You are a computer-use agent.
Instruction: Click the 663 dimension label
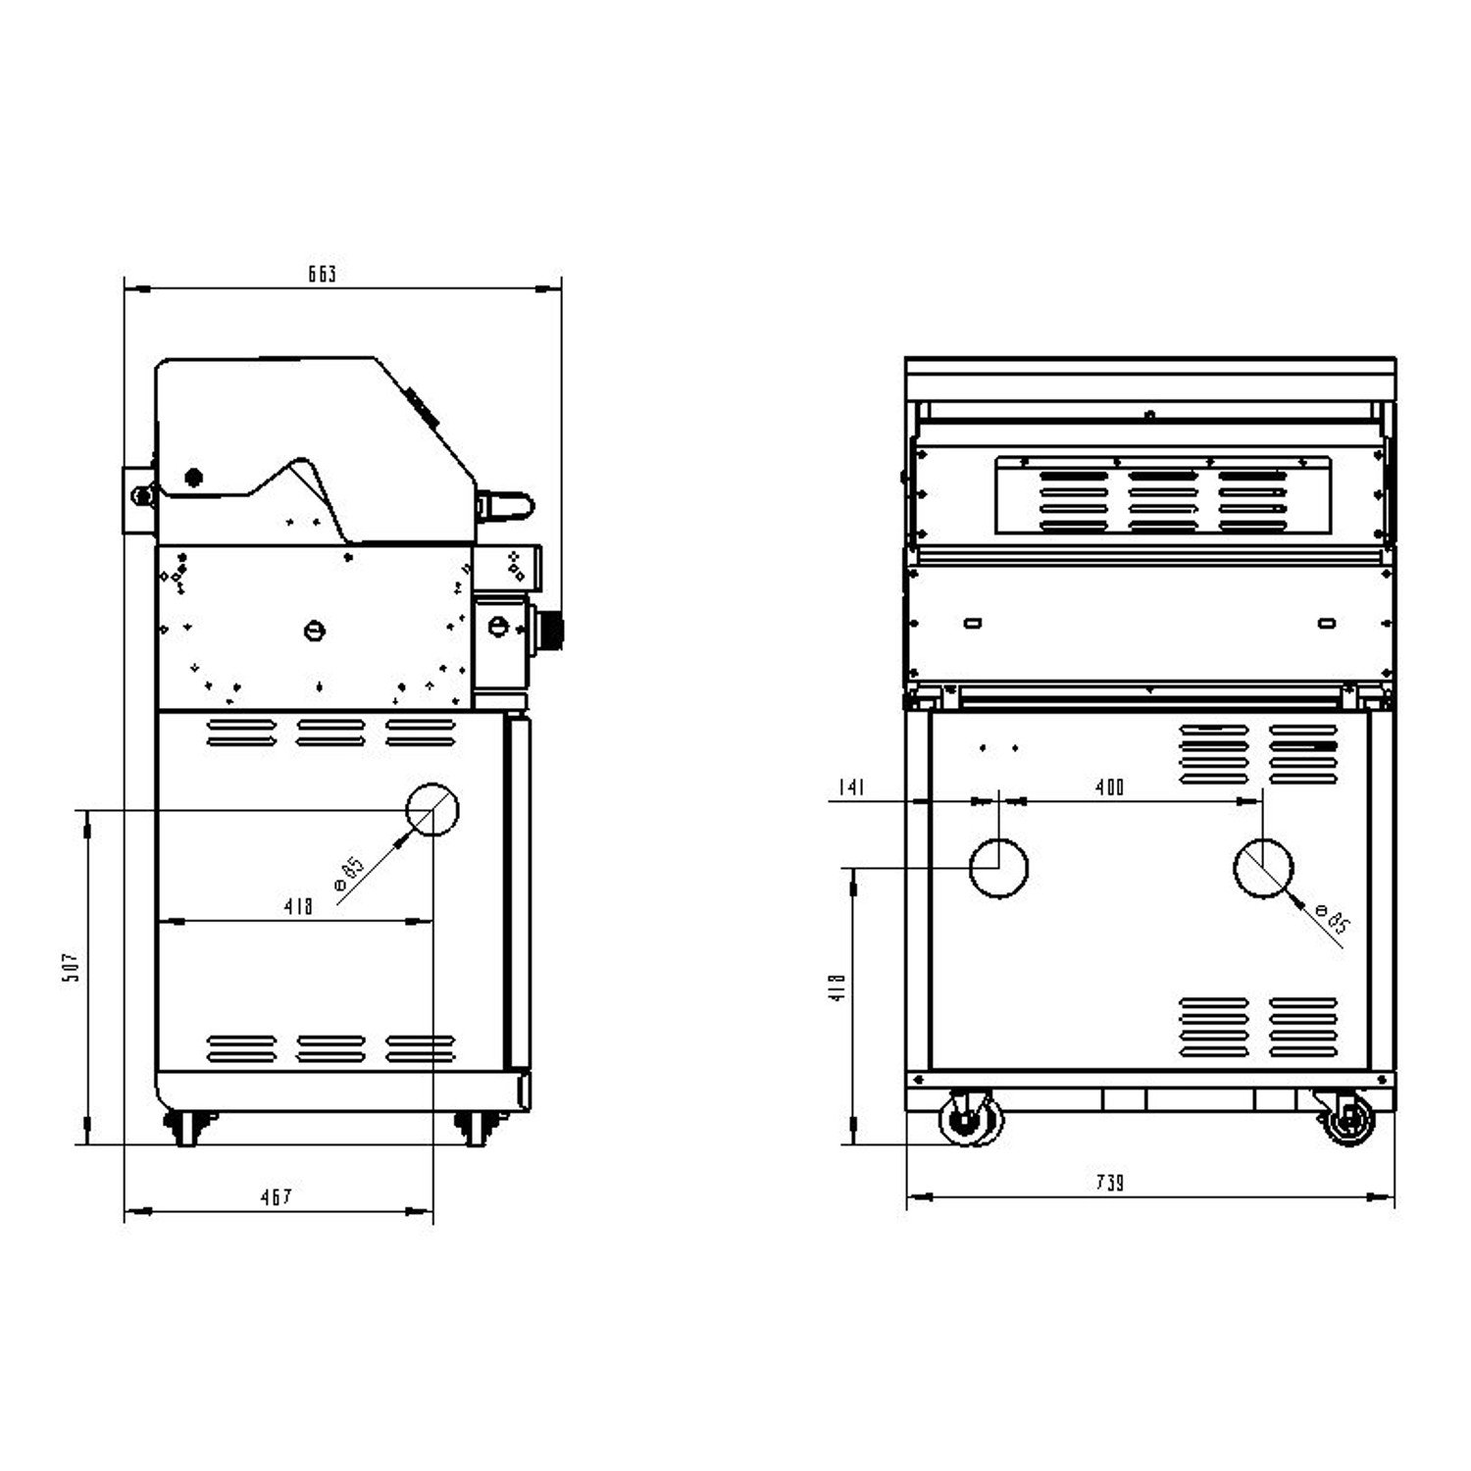pos(323,275)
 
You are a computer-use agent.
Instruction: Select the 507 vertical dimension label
pos(71,968)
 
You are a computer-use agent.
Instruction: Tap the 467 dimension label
pos(276,1197)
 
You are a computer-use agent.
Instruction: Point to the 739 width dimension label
pos(1109,1184)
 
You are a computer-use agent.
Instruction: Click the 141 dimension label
pos(851,787)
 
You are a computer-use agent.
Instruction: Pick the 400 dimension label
pos(1109,787)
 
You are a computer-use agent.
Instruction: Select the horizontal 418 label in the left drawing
pos(298,907)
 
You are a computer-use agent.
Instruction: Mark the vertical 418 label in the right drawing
pos(837,988)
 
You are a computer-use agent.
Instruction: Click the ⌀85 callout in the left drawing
pos(349,874)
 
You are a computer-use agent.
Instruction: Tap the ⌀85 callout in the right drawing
pos(1333,921)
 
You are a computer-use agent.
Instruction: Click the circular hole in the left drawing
pos(432,810)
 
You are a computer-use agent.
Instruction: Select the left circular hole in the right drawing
pos(998,868)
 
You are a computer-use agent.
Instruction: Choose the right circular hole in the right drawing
pos(1262,868)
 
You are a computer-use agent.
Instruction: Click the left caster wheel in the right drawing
pos(970,1119)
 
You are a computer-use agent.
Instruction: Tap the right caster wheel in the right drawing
pos(1349,1119)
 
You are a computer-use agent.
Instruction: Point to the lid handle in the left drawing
pos(509,506)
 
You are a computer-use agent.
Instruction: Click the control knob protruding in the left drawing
pos(550,630)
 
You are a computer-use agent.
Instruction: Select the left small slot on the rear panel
pos(973,623)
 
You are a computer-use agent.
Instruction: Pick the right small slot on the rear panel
pos(1326,623)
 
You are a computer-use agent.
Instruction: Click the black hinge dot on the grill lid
pos(194,478)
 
